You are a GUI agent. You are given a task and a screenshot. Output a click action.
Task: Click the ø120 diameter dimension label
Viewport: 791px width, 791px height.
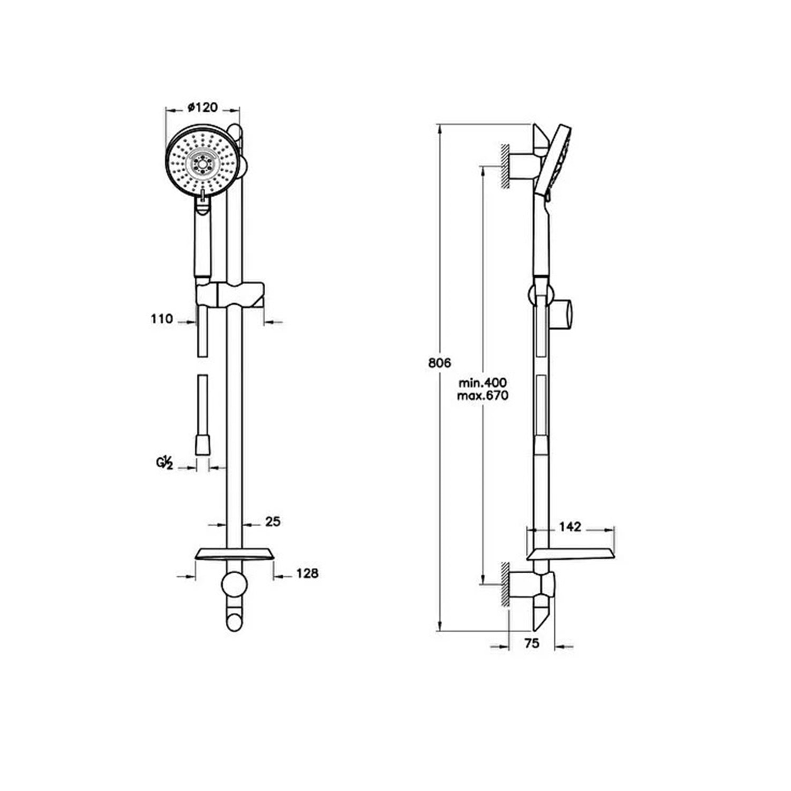click(x=203, y=107)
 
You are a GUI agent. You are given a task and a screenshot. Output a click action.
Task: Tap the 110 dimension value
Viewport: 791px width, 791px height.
click(x=162, y=319)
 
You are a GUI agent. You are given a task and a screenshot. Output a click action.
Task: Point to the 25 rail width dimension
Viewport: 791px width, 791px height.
click(x=273, y=522)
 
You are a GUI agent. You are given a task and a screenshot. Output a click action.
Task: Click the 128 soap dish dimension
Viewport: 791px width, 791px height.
click(x=307, y=573)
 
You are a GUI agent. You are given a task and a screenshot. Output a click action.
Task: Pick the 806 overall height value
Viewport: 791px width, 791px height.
click(x=440, y=363)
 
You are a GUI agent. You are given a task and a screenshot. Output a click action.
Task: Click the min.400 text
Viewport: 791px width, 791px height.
click(x=483, y=382)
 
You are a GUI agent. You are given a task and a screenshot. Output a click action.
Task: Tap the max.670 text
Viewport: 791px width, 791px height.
click(x=483, y=395)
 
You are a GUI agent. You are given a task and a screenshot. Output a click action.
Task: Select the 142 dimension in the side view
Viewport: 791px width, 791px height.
click(x=570, y=526)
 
